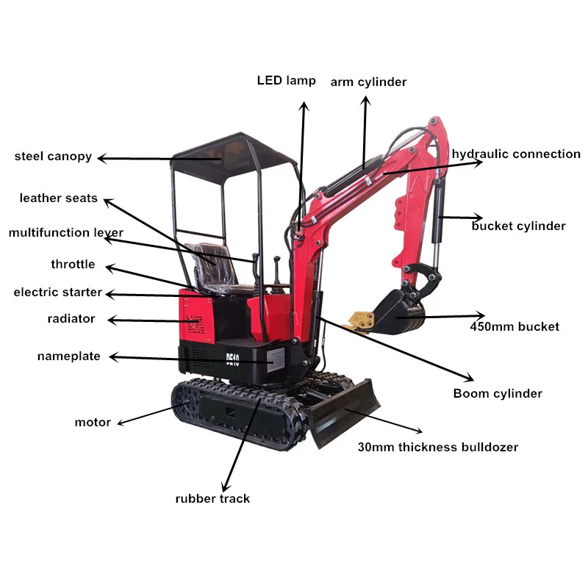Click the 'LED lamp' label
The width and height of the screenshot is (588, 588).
coord(286,80)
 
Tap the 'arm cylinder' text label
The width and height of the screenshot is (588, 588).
coord(367,82)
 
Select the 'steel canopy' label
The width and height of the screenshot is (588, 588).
coord(53,156)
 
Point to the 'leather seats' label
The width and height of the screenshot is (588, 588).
coord(58,198)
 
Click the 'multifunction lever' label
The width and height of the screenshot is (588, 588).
coord(65,233)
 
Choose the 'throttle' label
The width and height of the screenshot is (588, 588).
coord(73,264)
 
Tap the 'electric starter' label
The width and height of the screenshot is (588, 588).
coord(57,292)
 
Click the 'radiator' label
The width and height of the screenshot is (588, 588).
coord(71,318)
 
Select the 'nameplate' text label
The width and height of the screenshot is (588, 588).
coord(68,356)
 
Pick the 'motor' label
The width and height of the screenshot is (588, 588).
coord(93,422)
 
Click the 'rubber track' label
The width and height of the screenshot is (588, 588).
coord(212,498)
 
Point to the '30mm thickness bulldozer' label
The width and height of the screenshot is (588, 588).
coord(437,447)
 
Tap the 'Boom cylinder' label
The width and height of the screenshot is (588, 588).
coord(497,393)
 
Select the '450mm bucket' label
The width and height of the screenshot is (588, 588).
coord(514,326)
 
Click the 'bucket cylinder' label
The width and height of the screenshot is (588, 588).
coord(518,226)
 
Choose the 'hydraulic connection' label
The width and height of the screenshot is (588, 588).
coord(515,154)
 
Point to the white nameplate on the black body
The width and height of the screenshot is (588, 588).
coord(275,356)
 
